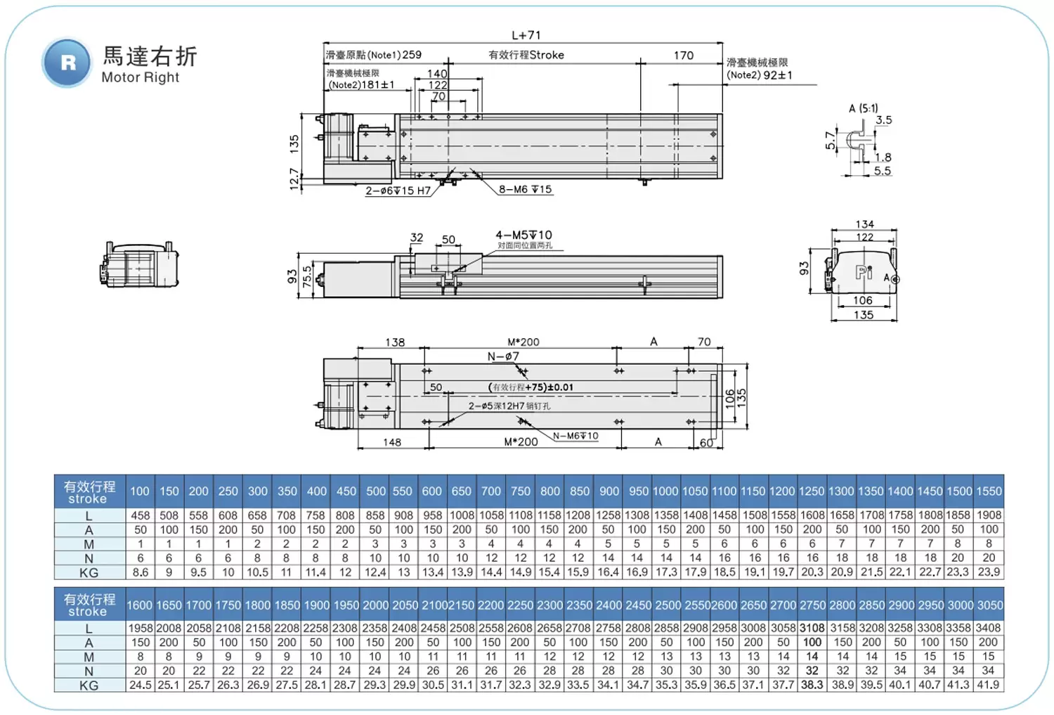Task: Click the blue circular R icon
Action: tap(67, 63)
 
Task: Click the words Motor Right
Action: tap(140, 77)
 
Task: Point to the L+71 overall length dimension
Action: tap(526, 35)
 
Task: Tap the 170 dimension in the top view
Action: tap(683, 56)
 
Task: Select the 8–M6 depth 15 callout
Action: tap(526, 189)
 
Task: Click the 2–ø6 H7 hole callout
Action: tap(398, 191)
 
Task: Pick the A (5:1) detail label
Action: tap(863, 108)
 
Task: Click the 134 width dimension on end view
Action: tap(864, 224)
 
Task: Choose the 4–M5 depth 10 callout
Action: tap(523, 235)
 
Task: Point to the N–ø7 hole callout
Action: tap(503, 356)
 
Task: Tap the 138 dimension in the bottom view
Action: tap(395, 342)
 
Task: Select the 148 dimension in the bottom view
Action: tap(392, 442)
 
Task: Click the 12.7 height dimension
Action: tap(294, 179)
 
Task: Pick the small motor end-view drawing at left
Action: tap(139, 264)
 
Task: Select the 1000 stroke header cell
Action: tap(665, 491)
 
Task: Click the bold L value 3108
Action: tap(812, 628)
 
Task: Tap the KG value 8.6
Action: tap(141, 572)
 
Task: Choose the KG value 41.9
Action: tap(987, 685)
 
